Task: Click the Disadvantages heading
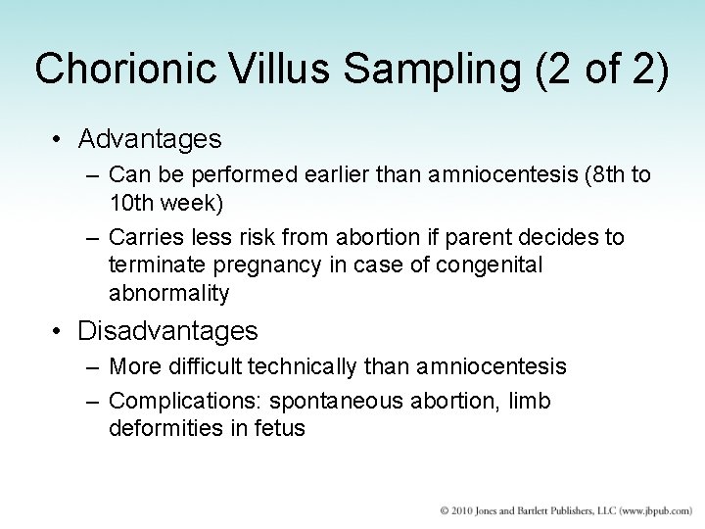pyautogui.click(x=167, y=330)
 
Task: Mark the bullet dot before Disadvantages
pyautogui.click(x=58, y=331)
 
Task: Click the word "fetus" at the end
pyautogui.click(x=279, y=427)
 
